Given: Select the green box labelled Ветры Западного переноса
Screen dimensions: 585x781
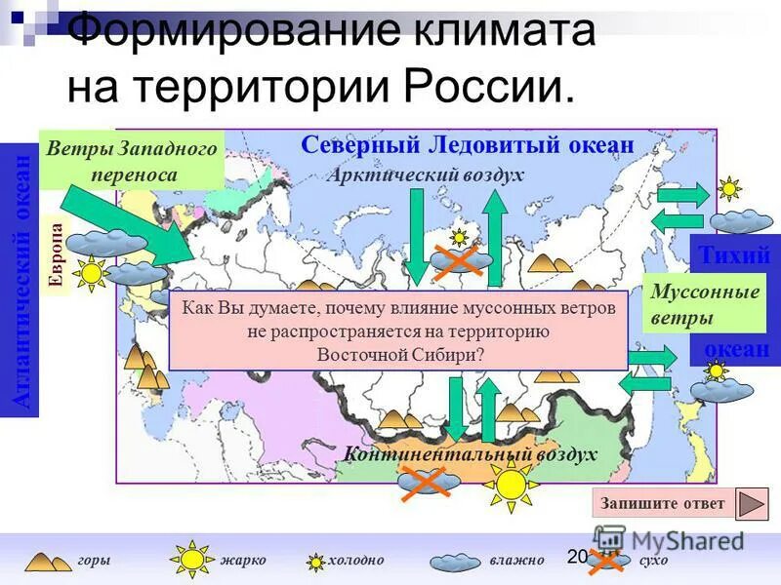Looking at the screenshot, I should [x=132, y=161].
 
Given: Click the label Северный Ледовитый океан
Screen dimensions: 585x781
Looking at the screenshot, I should [x=468, y=145].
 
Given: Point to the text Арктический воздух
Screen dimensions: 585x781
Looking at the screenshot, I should [x=427, y=175].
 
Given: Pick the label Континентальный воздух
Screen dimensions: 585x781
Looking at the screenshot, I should [x=471, y=454].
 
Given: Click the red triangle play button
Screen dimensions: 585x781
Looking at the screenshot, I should [x=751, y=504].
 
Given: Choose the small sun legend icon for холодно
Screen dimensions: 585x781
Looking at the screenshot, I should [x=316, y=562].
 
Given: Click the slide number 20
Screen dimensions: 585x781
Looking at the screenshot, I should [x=575, y=556].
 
